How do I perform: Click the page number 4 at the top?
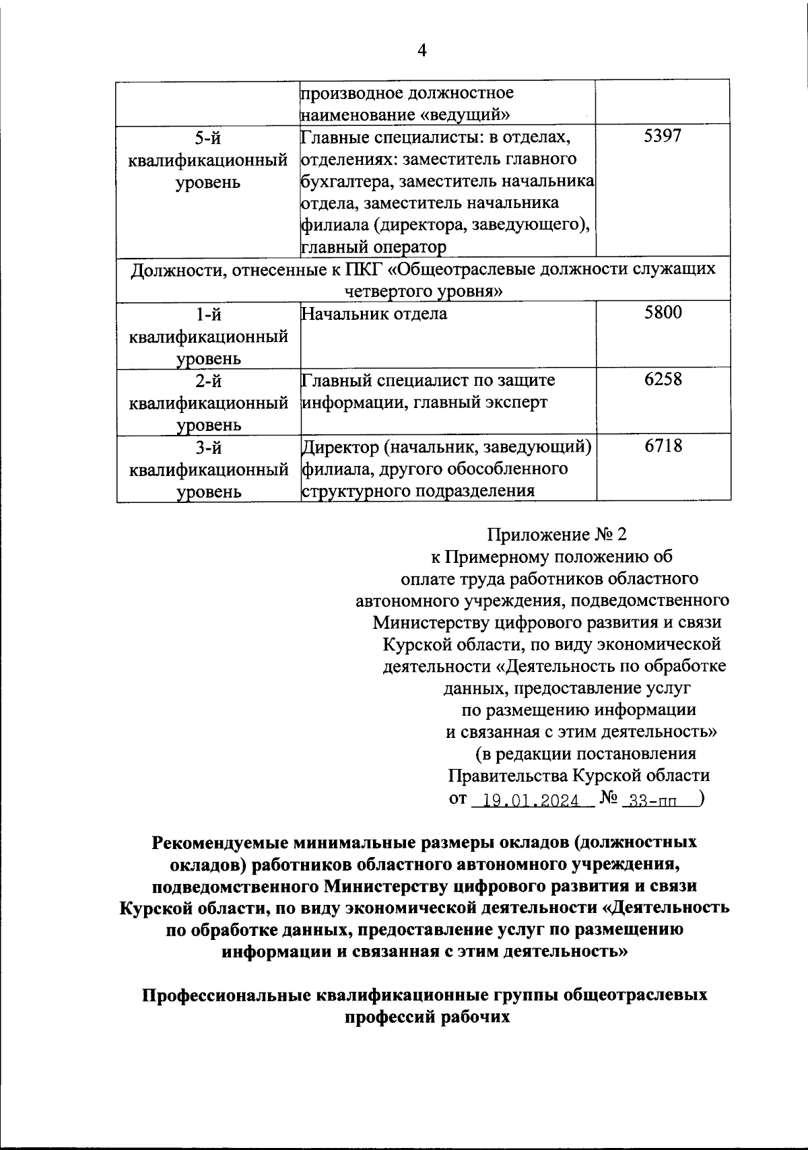pyautogui.click(x=422, y=50)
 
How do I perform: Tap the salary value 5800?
pyautogui.click(x=663, y=312)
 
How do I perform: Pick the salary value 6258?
pyautogui.click(x=663, y=379)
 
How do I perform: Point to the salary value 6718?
pyautogui.click(x=663, y=446)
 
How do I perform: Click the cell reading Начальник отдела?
pyautogui.click(x=374, y=314)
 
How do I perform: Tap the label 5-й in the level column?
pyautogui.click(x=208, y=139)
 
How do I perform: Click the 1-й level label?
pyautogui.click(x=208, y=314)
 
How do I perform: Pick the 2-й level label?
pyautogui.click(x=208, y=381)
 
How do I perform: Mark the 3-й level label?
pyautogui.click(x=208, y=448)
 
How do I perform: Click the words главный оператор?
pyautogui.click(x=373, y=247)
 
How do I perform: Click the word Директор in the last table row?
pyautogui.click(x=339, y=447)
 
